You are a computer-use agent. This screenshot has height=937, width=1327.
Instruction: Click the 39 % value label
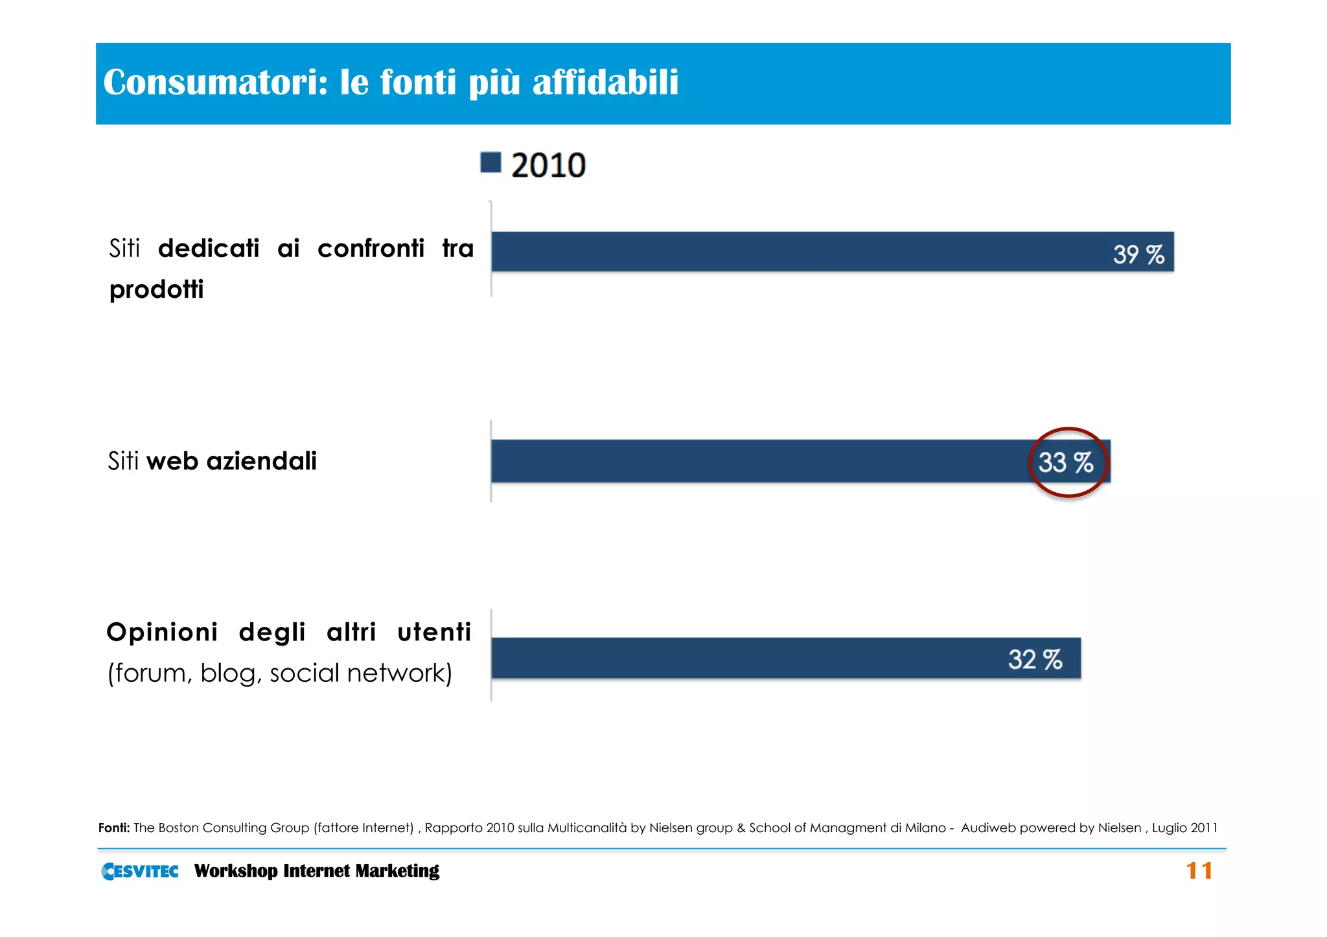(1138, 254)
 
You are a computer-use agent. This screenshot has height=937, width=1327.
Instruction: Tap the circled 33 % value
(1066, 462)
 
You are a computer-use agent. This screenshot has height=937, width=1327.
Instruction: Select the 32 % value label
(1035, 659)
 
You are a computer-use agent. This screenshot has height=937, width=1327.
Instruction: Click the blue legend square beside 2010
(490, 163)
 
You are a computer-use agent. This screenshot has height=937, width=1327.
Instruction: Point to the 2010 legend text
(548, 165)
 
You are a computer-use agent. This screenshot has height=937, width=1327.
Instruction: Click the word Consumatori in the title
(216, 82)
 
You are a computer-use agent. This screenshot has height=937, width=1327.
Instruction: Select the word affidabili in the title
(605, 82)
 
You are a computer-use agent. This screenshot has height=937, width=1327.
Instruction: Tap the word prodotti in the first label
(156, 289)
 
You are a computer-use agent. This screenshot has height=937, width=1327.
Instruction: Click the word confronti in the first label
(371, 249)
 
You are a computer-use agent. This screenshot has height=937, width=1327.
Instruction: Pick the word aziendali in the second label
(261, 461)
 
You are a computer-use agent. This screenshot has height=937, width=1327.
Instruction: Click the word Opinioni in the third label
(162, 632)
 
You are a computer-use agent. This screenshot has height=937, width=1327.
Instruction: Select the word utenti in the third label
(434, 632)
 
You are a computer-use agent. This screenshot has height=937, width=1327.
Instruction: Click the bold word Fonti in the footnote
(114, 828)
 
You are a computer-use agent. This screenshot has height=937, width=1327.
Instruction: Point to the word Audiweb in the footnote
(987, 828)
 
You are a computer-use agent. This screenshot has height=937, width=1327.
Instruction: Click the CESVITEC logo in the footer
(140, 871)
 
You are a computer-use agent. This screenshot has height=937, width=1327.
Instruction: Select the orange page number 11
(1199, 871)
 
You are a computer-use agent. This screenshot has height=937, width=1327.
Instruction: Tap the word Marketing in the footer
(397, 871)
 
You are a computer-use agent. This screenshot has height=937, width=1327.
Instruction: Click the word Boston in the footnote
(179, 828)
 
